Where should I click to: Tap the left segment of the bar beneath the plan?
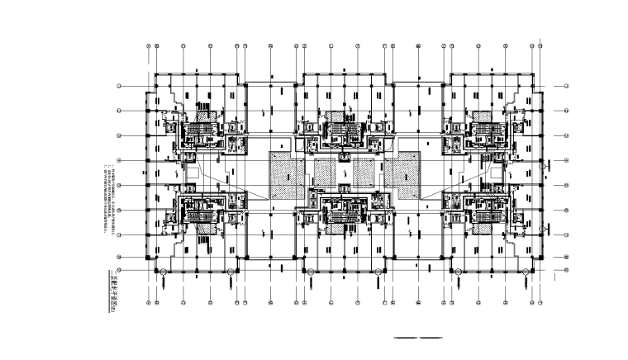coord(406,339)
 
